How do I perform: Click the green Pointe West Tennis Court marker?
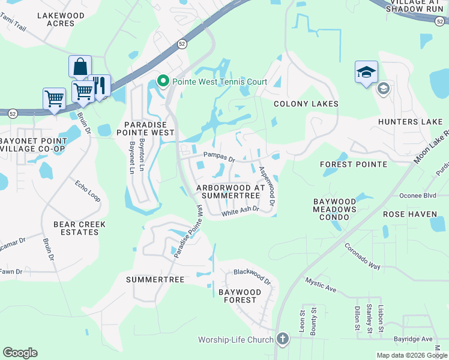click(162, 81)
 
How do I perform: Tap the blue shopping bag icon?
click(80, 67)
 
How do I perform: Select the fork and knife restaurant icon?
click(100, 85)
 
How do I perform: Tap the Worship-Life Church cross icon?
click(283, 340)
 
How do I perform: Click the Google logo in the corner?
click(20, 353)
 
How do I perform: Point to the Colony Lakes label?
click(306, 104)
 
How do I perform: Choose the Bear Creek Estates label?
click(79, 229)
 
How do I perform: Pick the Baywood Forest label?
click(240, 296)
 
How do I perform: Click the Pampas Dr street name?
click(218, 158)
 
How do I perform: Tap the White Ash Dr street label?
click(240, 211)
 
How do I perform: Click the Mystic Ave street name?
click(321, 284)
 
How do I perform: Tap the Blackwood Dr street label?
click(252, 277)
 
